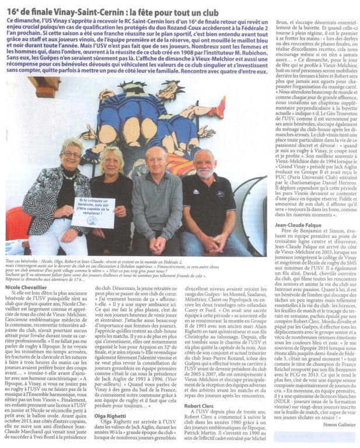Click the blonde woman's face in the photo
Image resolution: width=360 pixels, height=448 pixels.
click(x=115, y=162)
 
